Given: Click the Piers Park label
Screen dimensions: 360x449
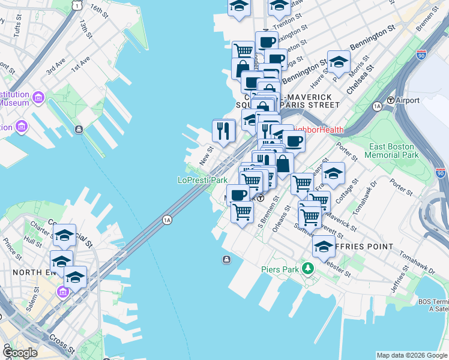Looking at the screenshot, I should click(280, 269).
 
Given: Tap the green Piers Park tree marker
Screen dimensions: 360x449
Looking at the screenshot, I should click(309, 268).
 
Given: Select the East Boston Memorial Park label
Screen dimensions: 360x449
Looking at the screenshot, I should click(393, 151).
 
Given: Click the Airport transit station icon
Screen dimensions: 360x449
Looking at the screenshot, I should click(390, 100).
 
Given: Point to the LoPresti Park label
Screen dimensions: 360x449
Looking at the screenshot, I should click(202, 180).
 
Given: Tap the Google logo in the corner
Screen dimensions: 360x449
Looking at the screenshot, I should click(20, 353).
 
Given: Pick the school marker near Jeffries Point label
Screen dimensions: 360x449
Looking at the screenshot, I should click(323, 246).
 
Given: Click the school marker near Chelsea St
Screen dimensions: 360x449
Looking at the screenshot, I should click(339, 62).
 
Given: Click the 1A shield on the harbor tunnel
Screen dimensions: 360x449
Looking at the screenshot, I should click(167, 220).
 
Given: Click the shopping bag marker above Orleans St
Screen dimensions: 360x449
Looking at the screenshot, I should click(282, 163).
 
